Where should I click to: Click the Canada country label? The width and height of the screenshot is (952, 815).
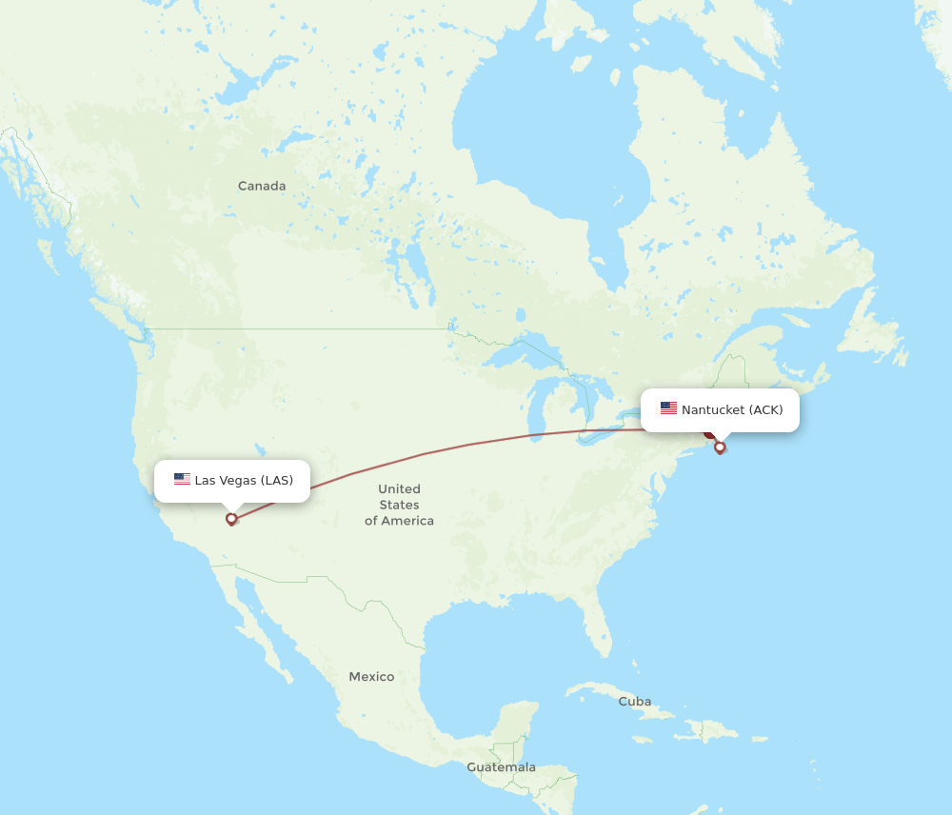pyautogui.click(x=262, y=187)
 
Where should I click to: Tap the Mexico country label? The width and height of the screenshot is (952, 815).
pyautogui.click(x=371, y=677)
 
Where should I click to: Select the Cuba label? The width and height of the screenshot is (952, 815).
pyautogui.click(x=635, y=702)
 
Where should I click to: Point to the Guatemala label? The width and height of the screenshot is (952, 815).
pyautogui.click(x=501, y=767)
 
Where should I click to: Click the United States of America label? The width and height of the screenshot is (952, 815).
pyautogui.click(x=399, y=505)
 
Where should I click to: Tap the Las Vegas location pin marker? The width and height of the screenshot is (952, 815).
pyautogui.click(x=231, y=519)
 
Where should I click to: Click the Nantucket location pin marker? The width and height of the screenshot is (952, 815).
pyautogui.click(x=720, y=447)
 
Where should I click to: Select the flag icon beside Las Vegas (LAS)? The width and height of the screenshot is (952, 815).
pyautogui.click(x=182, y=480)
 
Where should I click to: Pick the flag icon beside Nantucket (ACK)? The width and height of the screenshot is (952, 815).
pyautogui.click(x=668, y=409)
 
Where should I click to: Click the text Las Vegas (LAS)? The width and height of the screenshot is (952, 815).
pyautogui.click(x=244, y=480)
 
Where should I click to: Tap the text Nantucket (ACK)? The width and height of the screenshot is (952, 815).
pyautogui.click(x=732, y=409)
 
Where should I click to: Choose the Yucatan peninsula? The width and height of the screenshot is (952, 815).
pyautogui.click(x=515, y=719)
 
